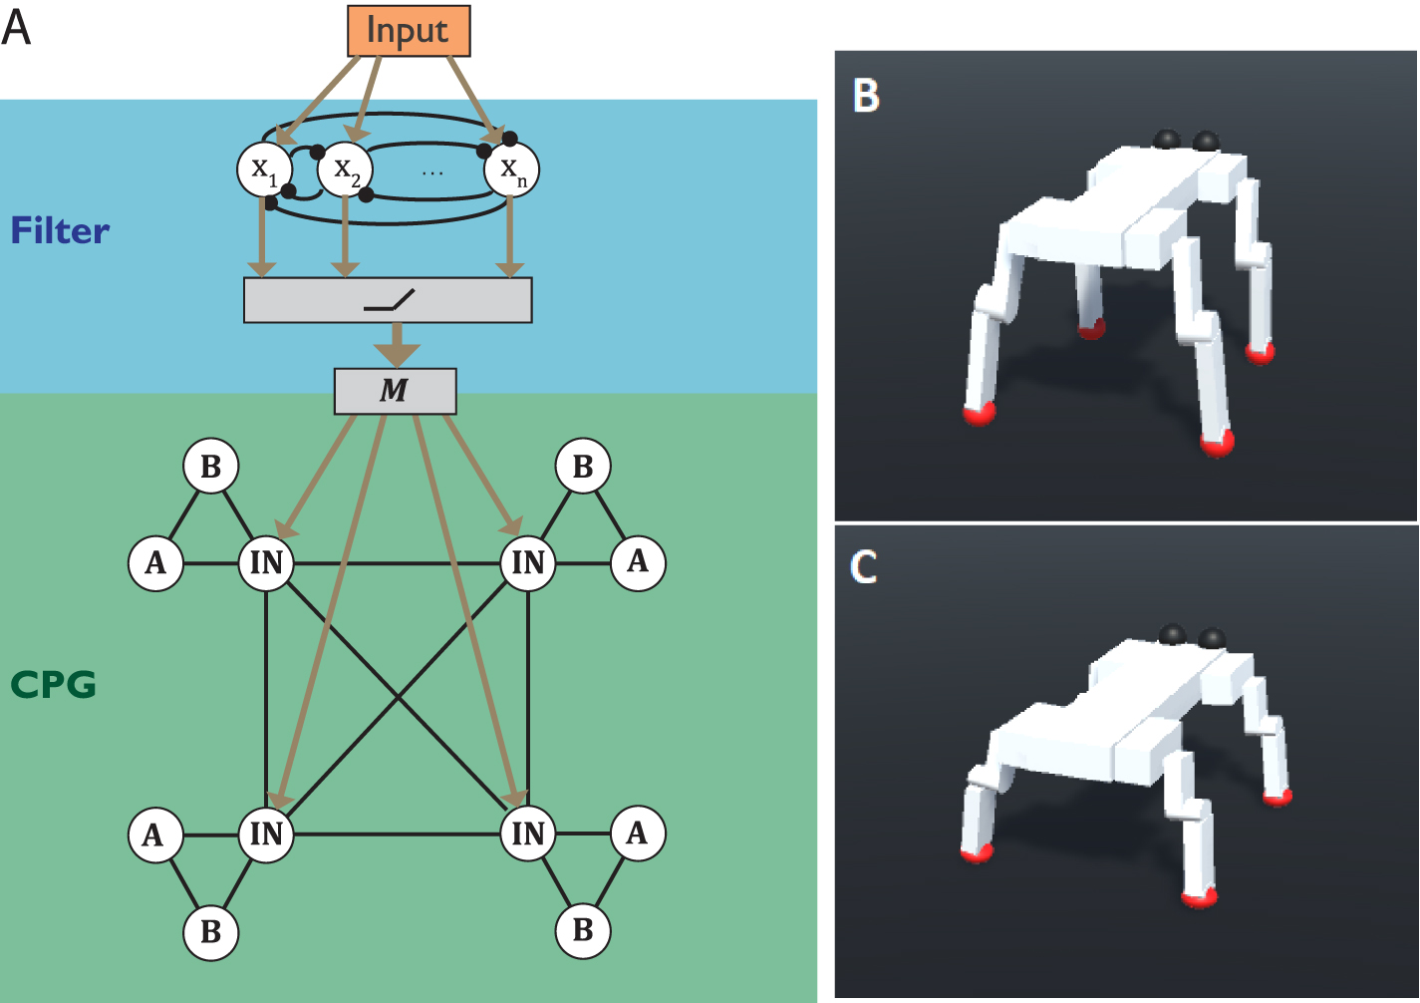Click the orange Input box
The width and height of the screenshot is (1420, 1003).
(408, 31)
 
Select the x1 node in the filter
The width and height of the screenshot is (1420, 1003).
(264, 169)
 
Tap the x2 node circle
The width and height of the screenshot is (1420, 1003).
(345, 169)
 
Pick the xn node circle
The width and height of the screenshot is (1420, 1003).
(511, 169)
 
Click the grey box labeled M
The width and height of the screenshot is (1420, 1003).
(395, 391)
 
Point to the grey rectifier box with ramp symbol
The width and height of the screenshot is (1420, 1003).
(388, 300)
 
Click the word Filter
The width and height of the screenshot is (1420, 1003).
(60, 231)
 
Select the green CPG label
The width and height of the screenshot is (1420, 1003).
(53, 685)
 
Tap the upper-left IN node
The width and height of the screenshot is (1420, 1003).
(266, 563)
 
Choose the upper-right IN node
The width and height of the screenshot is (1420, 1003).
(528, 563)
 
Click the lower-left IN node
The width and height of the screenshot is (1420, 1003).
(266, 834)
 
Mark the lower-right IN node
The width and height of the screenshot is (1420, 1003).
(528, 834)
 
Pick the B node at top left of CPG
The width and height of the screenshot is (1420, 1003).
(211, 466)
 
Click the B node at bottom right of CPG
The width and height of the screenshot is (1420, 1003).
(583, 930)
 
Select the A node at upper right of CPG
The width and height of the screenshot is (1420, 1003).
(638, 562)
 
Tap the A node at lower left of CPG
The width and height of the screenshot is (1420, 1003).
(154, 834)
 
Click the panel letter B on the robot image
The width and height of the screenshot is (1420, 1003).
(867, 96)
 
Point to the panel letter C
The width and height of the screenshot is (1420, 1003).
(864, 566)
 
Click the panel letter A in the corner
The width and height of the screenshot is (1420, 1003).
(16, 27)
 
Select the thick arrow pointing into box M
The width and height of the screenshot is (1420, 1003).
(396, 345)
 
